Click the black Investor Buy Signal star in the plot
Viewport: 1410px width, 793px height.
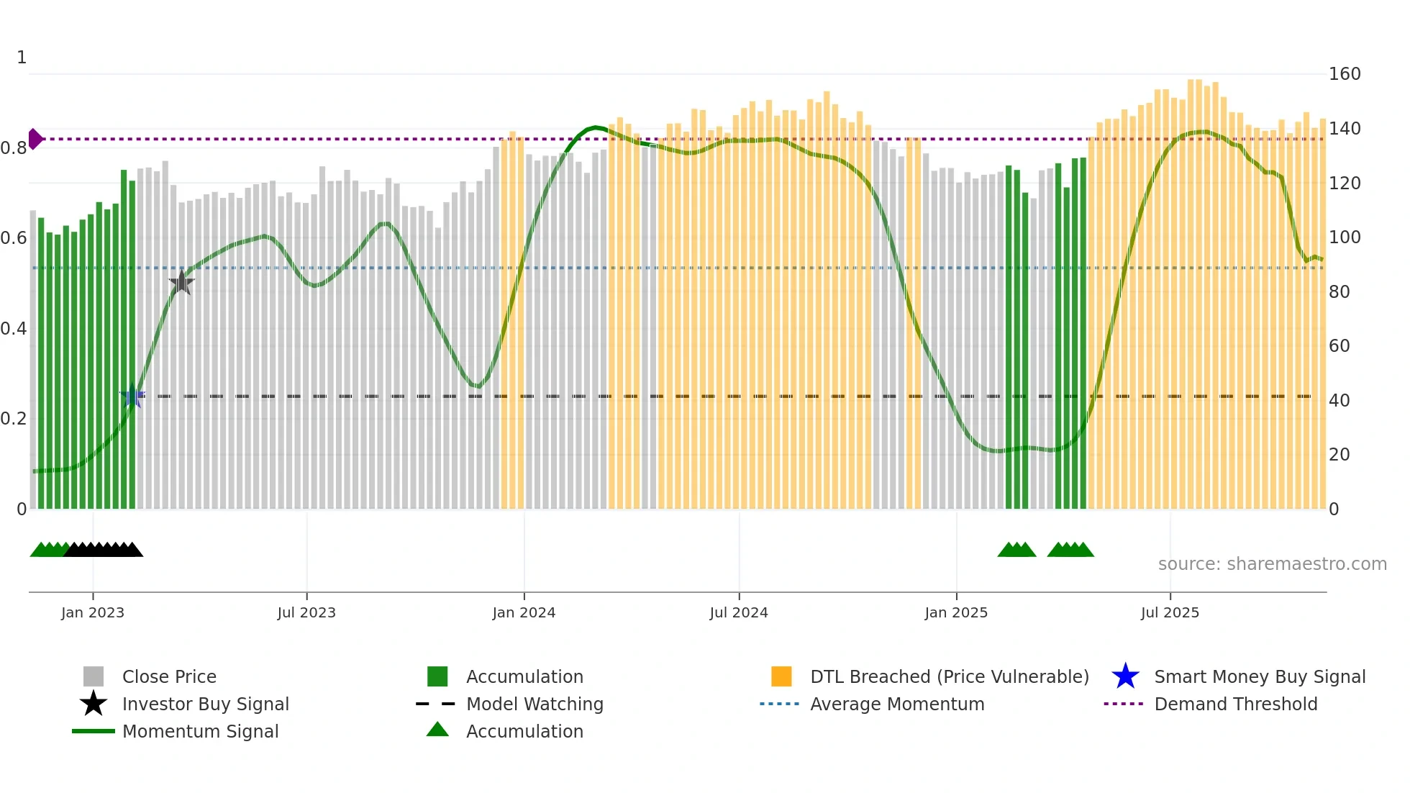pos(182,283)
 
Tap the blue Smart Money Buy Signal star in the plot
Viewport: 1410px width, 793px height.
pos(132,396)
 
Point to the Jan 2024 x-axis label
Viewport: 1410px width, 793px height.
pos(524,612)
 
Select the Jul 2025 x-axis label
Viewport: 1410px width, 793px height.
pos(1170,612)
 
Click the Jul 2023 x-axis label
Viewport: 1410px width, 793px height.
pos(306,612)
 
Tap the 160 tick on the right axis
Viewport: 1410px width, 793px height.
pos(1345,74)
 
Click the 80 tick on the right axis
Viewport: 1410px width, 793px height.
pos(1339,291)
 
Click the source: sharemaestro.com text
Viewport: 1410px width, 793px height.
pos(1272,564)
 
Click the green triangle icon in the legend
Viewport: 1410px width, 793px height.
pos(437,730)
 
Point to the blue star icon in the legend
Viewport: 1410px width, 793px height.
pos(1125,676)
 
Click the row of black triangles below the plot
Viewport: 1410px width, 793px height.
pos(104,550)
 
